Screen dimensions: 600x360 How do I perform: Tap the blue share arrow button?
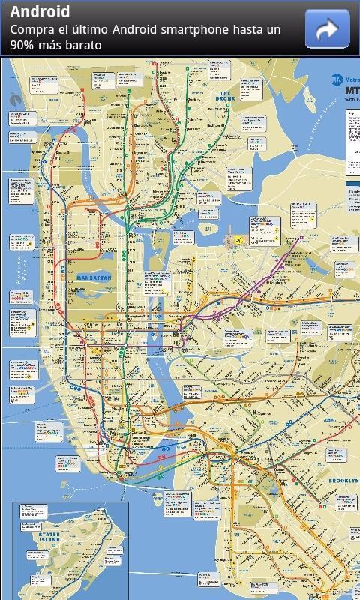pos(327,28)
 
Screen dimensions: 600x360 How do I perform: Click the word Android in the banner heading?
pos(40,12)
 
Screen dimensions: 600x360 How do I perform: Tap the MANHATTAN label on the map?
pos(94,277)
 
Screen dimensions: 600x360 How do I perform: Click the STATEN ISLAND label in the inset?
pos(49,538)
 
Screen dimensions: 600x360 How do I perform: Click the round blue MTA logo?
pos(337,78)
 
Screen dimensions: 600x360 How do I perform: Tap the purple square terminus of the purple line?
pos(300,239)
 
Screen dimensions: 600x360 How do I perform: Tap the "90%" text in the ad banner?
pos(24,45)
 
